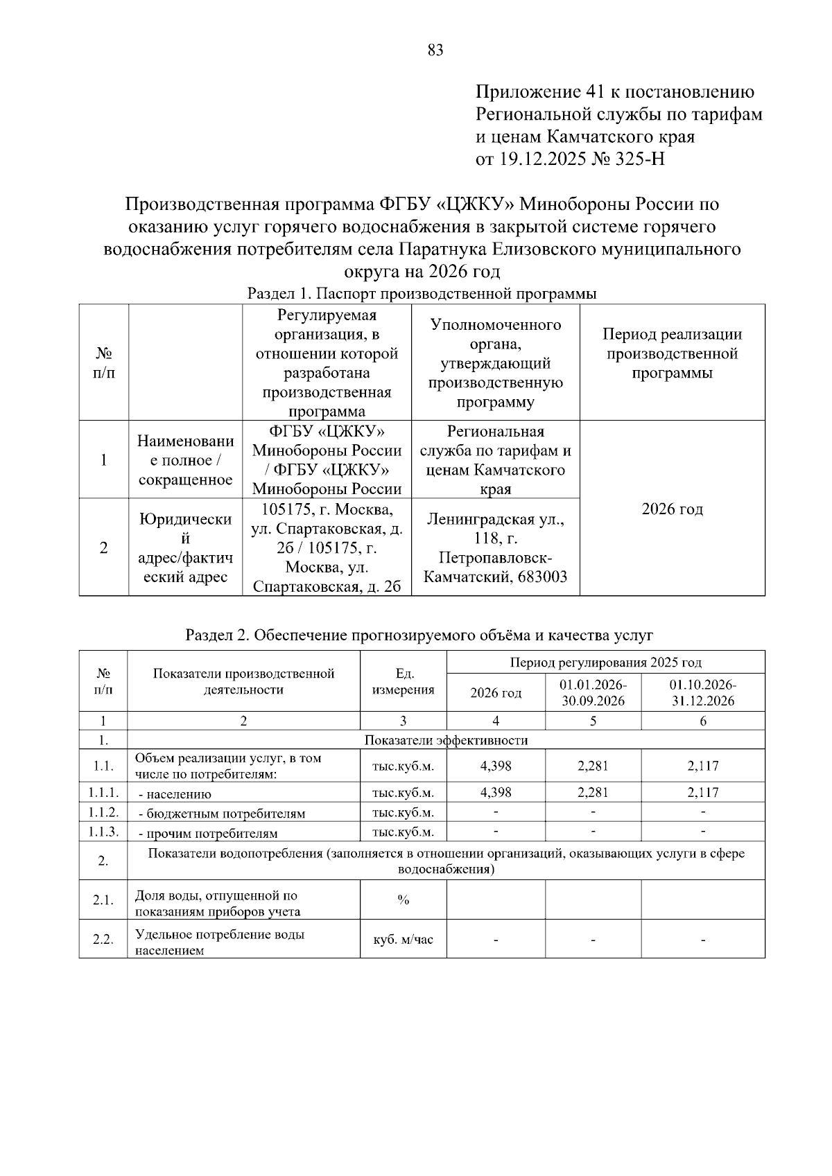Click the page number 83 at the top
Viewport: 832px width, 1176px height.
pyautogui.click(x=435, y=50)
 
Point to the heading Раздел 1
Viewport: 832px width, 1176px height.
pyautogui.click(x=277, y=294)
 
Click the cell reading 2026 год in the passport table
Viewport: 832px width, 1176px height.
pyautogui.click(x=672, y=509)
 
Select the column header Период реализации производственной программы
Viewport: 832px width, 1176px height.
pyautogui.click(x=672, y=353)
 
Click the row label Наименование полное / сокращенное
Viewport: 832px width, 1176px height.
pyautogui.click(x=185, y=460)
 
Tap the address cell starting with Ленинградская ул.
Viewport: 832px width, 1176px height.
pyautogui.click(x=495, y=547)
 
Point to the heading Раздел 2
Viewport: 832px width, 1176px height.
pyautogui.click(x=217, y=635)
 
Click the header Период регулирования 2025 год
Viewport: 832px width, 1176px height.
pyautogui.click(x=605, y=662)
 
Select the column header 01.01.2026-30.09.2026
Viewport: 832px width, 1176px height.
pyautogui.click(x=593, y=692)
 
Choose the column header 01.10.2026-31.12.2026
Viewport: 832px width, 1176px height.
pyautogui.click(x=702, y=692)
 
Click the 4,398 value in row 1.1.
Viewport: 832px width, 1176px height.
pyautogui.click(x=496, y=766)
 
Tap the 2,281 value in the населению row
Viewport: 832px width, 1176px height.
pyautogui.click(x=593, y=792)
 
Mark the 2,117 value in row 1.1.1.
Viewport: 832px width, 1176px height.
pyautogui.click(x=702, y=792)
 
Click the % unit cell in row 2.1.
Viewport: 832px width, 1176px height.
pyautogui.click(x=403, y=900)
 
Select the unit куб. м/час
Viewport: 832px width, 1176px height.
pyautogui.click(x=403, y=940)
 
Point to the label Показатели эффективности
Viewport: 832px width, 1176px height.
pyautogui.click(x=446, y=740)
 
